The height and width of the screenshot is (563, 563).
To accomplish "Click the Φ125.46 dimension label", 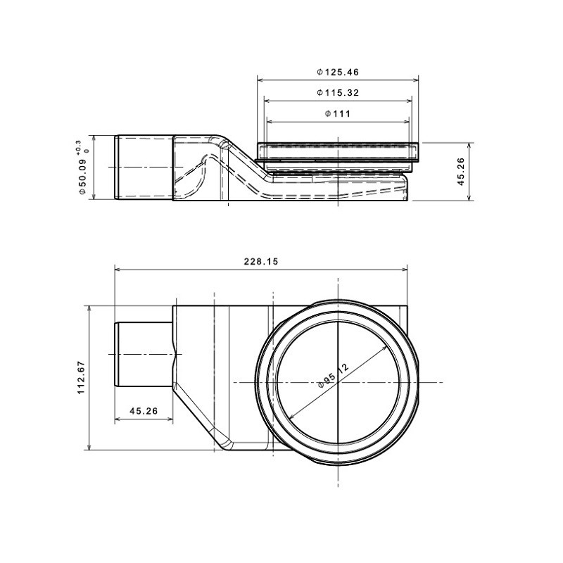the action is point(338,72).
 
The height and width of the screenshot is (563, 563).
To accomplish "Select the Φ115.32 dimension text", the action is point(338,93).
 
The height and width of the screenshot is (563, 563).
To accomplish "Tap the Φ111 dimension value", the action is point(338,113).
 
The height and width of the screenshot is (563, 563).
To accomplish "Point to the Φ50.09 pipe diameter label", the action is point(82,177).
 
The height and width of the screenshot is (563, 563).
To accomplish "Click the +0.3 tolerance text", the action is point(79,147).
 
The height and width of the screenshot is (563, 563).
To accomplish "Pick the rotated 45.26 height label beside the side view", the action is point(461,171).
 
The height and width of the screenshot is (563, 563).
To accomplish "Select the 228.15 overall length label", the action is point(261,261).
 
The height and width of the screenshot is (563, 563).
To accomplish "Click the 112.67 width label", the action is point(81,377).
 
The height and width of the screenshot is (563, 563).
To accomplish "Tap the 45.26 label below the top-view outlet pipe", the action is point(144,410).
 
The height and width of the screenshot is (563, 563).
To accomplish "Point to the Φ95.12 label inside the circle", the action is point(334,376).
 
